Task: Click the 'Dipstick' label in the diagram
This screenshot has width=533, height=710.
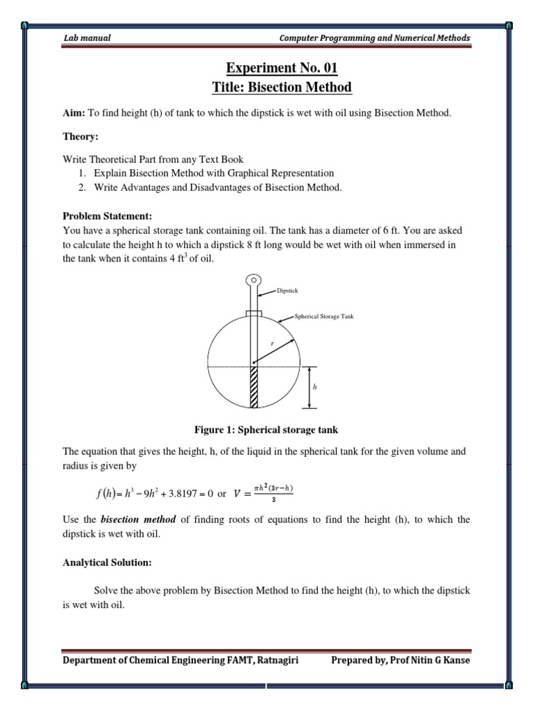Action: tap(287, 291)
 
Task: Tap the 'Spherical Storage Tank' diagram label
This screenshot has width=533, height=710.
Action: tap(324, 316)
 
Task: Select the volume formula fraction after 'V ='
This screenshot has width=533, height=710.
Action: tap(264, 494)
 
